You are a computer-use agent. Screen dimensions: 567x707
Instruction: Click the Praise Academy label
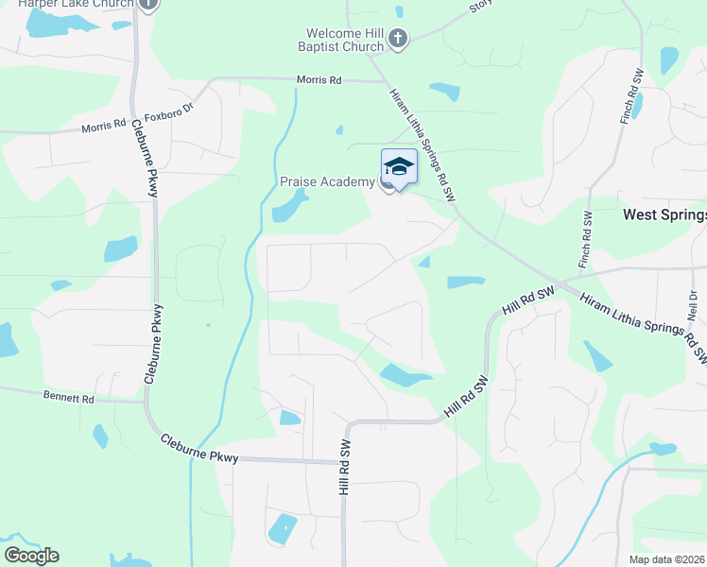[327, 181]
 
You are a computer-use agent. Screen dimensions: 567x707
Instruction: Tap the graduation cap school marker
[399, 167]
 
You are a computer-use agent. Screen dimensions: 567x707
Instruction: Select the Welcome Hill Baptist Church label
[337, 40]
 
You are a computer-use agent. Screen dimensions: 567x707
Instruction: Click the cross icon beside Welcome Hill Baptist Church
[398, 39]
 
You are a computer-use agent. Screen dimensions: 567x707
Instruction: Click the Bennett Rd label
[69, 399]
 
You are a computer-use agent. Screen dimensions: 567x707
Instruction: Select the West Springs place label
[664, 215]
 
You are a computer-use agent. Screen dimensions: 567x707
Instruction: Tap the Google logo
[31, 556]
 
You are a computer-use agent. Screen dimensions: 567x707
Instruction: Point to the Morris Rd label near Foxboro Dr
[319, 81]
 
